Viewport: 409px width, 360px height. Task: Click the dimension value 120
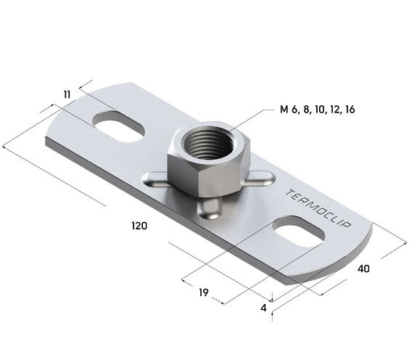(x=139, y=226)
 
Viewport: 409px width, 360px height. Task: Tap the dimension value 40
(x=363, y=269)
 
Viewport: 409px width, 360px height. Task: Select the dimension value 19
(x=204, y=292)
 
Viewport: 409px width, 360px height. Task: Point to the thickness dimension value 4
(x=264, y=308)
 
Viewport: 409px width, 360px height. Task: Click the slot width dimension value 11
(x=67, y=94)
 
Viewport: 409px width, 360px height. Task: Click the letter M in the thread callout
(x=284, y=110)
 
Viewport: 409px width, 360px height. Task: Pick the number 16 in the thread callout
(x=350, y=110)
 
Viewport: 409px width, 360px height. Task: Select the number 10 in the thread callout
(x=320, y=110)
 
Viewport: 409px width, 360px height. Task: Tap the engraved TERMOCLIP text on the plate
(x=318, y=208)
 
